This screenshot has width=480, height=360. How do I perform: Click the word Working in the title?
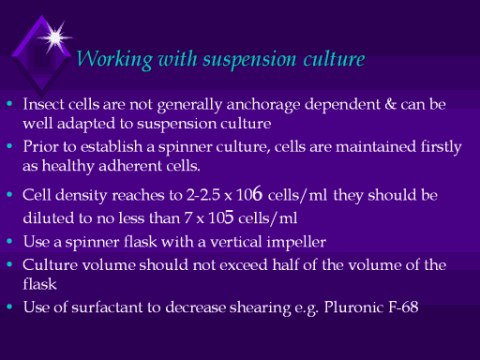[114, 59]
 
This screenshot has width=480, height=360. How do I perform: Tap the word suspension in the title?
[249, 60]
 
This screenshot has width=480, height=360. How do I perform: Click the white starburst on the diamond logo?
[55, 37]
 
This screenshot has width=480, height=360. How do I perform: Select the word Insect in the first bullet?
[43, 104]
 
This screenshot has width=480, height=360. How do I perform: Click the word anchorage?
[263, 105]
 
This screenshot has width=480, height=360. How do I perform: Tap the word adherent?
[130, 166]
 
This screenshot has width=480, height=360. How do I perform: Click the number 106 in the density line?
[249, 194]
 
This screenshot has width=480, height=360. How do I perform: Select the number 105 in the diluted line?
[221, 217]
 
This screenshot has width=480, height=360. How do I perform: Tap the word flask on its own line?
[39, 284]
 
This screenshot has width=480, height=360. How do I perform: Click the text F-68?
[403, 307]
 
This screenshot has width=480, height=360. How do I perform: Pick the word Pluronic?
[353, 307]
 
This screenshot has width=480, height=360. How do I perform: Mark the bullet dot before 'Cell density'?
[9, 194]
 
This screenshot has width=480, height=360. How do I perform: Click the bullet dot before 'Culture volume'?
[9, 264]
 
